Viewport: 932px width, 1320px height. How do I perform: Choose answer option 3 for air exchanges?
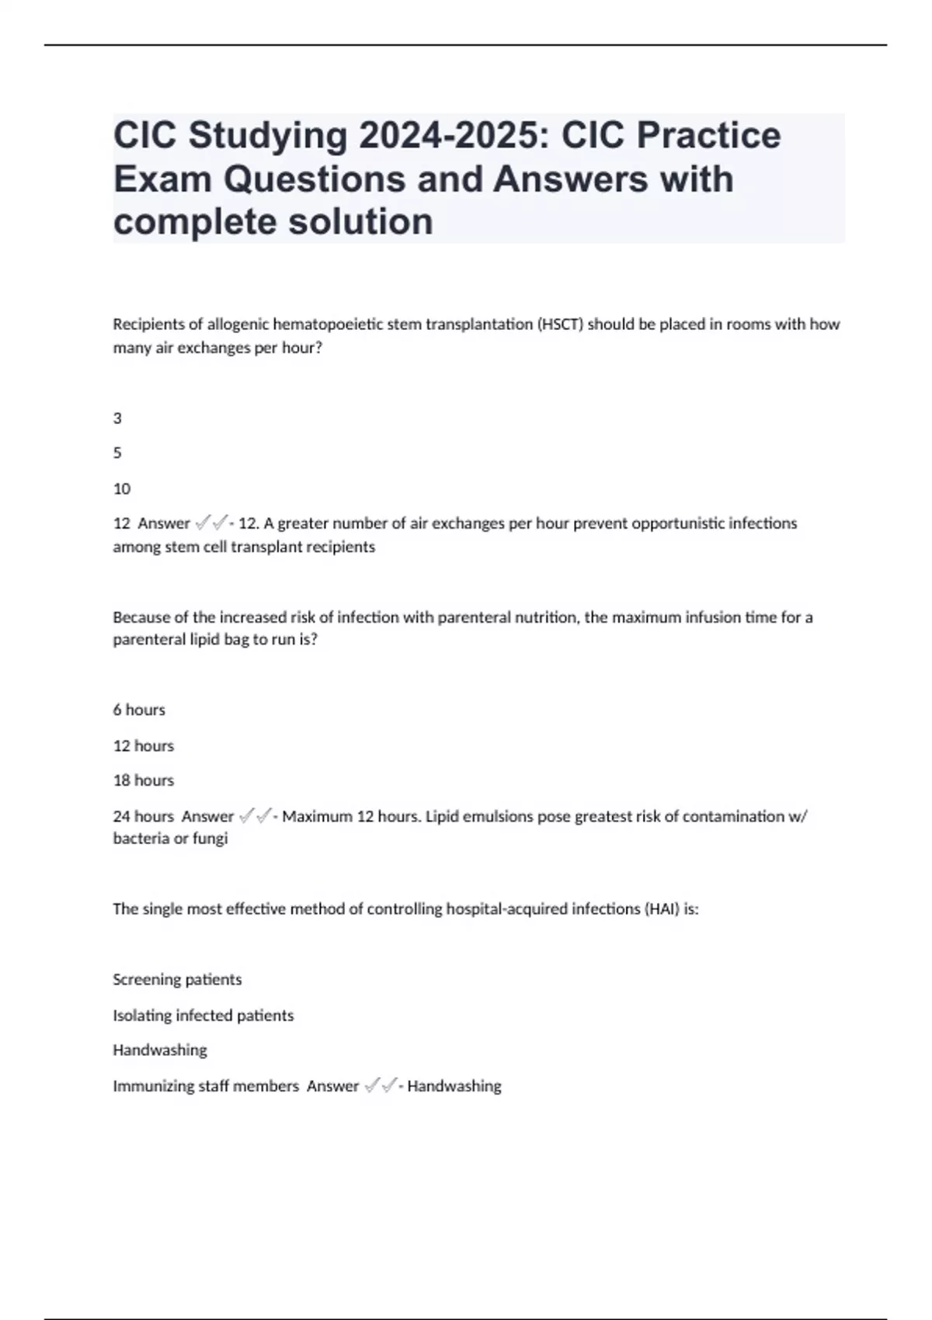point(117,419)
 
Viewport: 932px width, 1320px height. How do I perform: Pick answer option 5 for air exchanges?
point(117,453)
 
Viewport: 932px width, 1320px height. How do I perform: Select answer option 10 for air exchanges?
point(122,489)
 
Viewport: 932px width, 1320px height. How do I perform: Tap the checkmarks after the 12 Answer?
point(210,523)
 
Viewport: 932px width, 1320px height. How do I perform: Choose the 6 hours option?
point(139,710)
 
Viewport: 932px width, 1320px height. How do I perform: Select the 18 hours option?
point(144,780)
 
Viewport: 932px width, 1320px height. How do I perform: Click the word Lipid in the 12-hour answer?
point(443,817)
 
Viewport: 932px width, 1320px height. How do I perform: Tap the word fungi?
point(211,839)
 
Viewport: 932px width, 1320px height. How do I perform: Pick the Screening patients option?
point(177,980)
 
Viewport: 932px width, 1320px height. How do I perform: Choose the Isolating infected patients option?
point(203,1016)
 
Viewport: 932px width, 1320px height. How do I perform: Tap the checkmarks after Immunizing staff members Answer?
point(380,1086)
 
